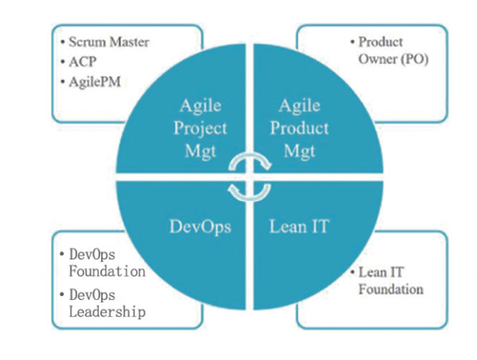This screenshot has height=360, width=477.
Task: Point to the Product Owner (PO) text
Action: pos(393,51)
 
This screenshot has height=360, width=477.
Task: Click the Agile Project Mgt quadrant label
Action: pos(200,128)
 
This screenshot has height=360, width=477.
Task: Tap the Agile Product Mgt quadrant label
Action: pos(299,128)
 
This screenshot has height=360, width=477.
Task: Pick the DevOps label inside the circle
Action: pos(200,227)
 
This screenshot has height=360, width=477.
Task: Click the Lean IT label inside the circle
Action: pos(299,226)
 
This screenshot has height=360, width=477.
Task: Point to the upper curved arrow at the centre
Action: pos(249,155)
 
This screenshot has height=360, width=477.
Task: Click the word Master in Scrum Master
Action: pos(130,42)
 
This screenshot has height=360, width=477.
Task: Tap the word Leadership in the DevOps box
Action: pos(107,312)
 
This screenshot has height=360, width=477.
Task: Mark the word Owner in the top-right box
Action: pos(377,59)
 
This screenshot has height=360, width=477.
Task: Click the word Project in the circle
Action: pos(200,129)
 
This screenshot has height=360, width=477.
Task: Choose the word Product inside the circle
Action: pos(299,128)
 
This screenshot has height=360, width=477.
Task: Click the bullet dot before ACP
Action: pos(62,62)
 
